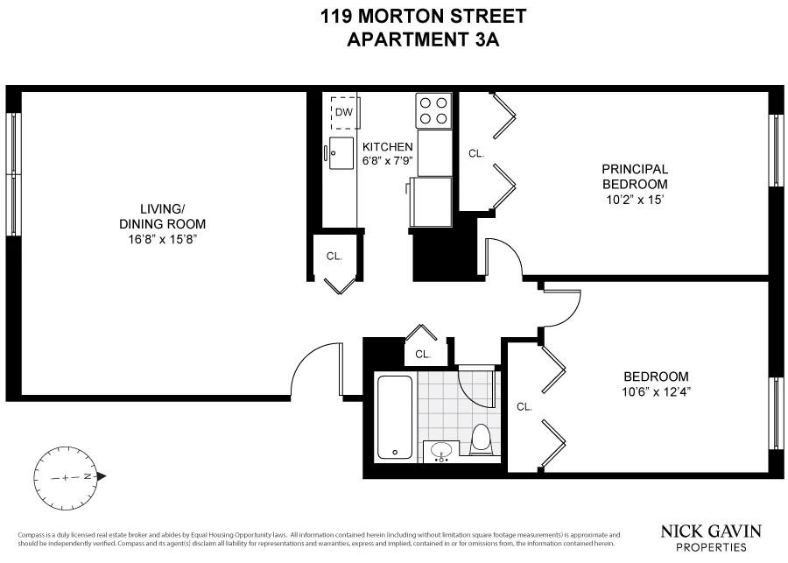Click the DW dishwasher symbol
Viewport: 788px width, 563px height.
coord(344,112)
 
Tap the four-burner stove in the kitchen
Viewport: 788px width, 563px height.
coord(433,111)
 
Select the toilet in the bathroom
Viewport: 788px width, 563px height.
coord(481,439)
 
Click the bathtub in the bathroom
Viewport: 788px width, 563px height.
coord(396,417)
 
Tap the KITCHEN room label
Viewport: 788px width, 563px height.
coord(387,147)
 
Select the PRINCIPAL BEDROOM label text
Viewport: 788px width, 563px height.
coord(635,177)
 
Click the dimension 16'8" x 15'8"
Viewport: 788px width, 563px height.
coord(163,237)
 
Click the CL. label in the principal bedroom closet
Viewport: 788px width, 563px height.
coord(476,153)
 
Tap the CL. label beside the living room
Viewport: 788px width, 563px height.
coord(334,257)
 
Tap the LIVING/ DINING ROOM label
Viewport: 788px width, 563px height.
coord(163,215)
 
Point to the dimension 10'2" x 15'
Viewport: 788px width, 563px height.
coord(635,200)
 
